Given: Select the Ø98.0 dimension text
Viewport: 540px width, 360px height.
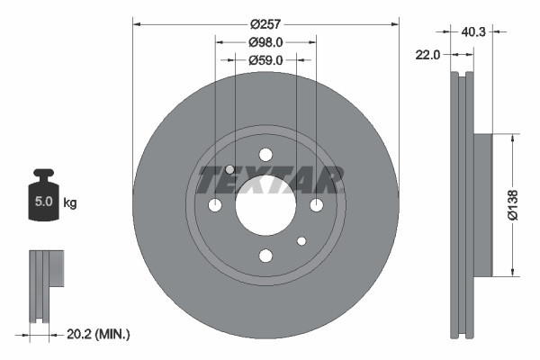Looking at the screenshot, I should click(265, 41).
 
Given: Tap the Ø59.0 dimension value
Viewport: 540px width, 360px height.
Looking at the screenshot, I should click(265, 60).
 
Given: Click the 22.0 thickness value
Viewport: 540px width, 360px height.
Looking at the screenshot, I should click(428, 55).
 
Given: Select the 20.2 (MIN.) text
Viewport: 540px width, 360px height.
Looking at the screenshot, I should click(99, 334).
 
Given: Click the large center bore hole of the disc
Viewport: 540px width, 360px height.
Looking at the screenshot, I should click(265, 205).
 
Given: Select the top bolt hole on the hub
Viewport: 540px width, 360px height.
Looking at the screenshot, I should click(265, 155).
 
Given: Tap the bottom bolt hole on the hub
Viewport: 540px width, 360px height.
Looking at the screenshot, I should click(265, 256).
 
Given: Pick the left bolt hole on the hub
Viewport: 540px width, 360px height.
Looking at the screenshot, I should click(215, 205).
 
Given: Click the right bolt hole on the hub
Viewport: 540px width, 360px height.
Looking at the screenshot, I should click(316, 205).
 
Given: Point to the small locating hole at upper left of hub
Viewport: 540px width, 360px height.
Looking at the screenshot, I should click(230, 170).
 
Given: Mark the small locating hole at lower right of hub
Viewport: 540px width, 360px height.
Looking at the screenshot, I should click(301, 240).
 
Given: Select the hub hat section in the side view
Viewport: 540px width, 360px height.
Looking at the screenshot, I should click(482, 205).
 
